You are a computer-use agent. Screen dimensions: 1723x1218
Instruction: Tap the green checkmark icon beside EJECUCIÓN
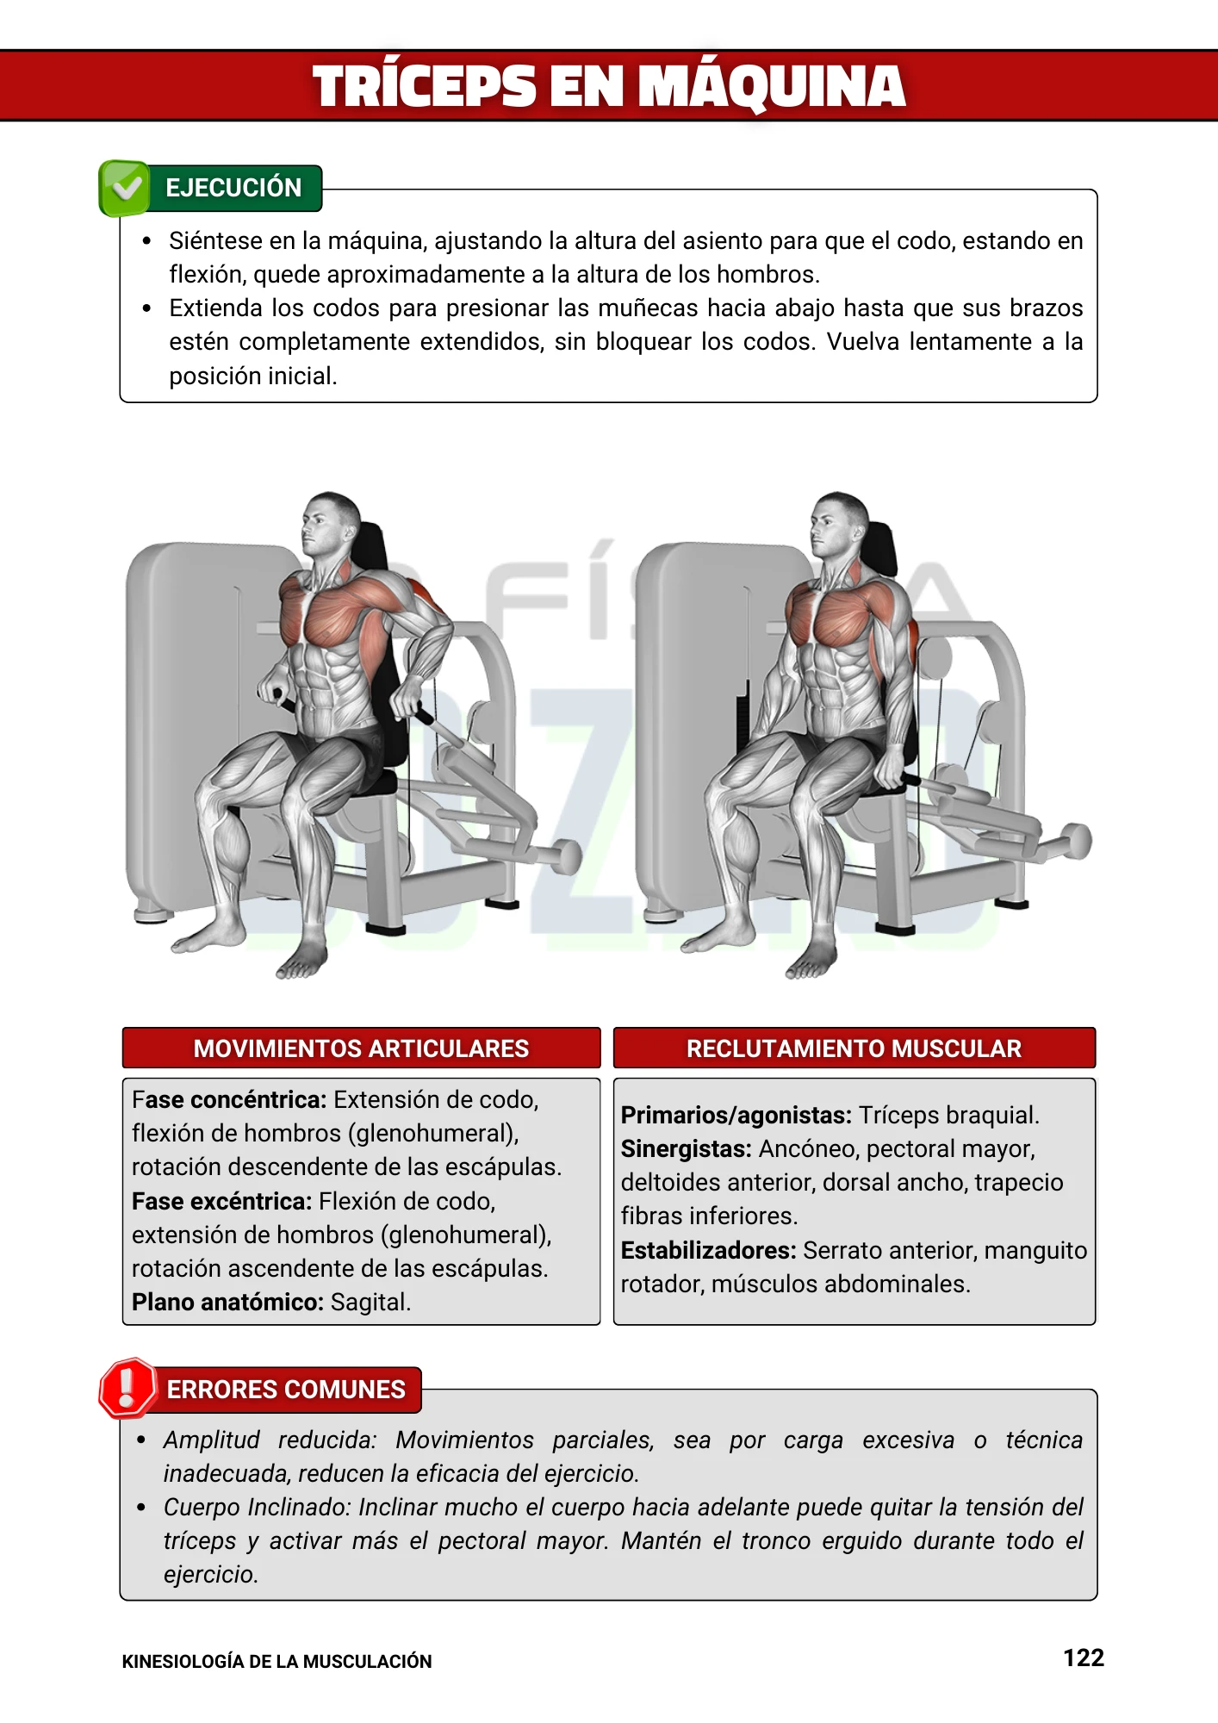(126, 187)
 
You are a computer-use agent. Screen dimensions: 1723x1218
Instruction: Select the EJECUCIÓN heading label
(233, 188)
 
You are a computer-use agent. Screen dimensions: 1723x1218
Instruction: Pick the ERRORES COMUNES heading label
(285, 1390)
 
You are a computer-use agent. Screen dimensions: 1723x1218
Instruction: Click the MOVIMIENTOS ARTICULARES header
(361, 1048)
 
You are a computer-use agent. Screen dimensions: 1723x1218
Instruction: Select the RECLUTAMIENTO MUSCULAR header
(854, 1048)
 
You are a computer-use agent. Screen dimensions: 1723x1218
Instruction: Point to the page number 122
(1083, 1658)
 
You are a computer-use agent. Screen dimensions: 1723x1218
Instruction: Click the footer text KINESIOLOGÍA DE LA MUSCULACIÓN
(277, 1662)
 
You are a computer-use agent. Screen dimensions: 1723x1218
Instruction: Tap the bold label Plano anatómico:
(227, 1302)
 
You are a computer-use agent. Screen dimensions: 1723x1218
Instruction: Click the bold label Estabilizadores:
(708, 1250)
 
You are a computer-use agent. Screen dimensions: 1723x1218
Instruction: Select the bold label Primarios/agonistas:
(736, 1115)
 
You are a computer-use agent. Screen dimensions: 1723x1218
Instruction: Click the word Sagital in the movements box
(370, 1302)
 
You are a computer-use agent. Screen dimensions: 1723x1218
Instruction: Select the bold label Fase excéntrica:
(221, 1201)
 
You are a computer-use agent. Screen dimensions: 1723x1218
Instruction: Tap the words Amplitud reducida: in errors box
(270, 1440)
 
